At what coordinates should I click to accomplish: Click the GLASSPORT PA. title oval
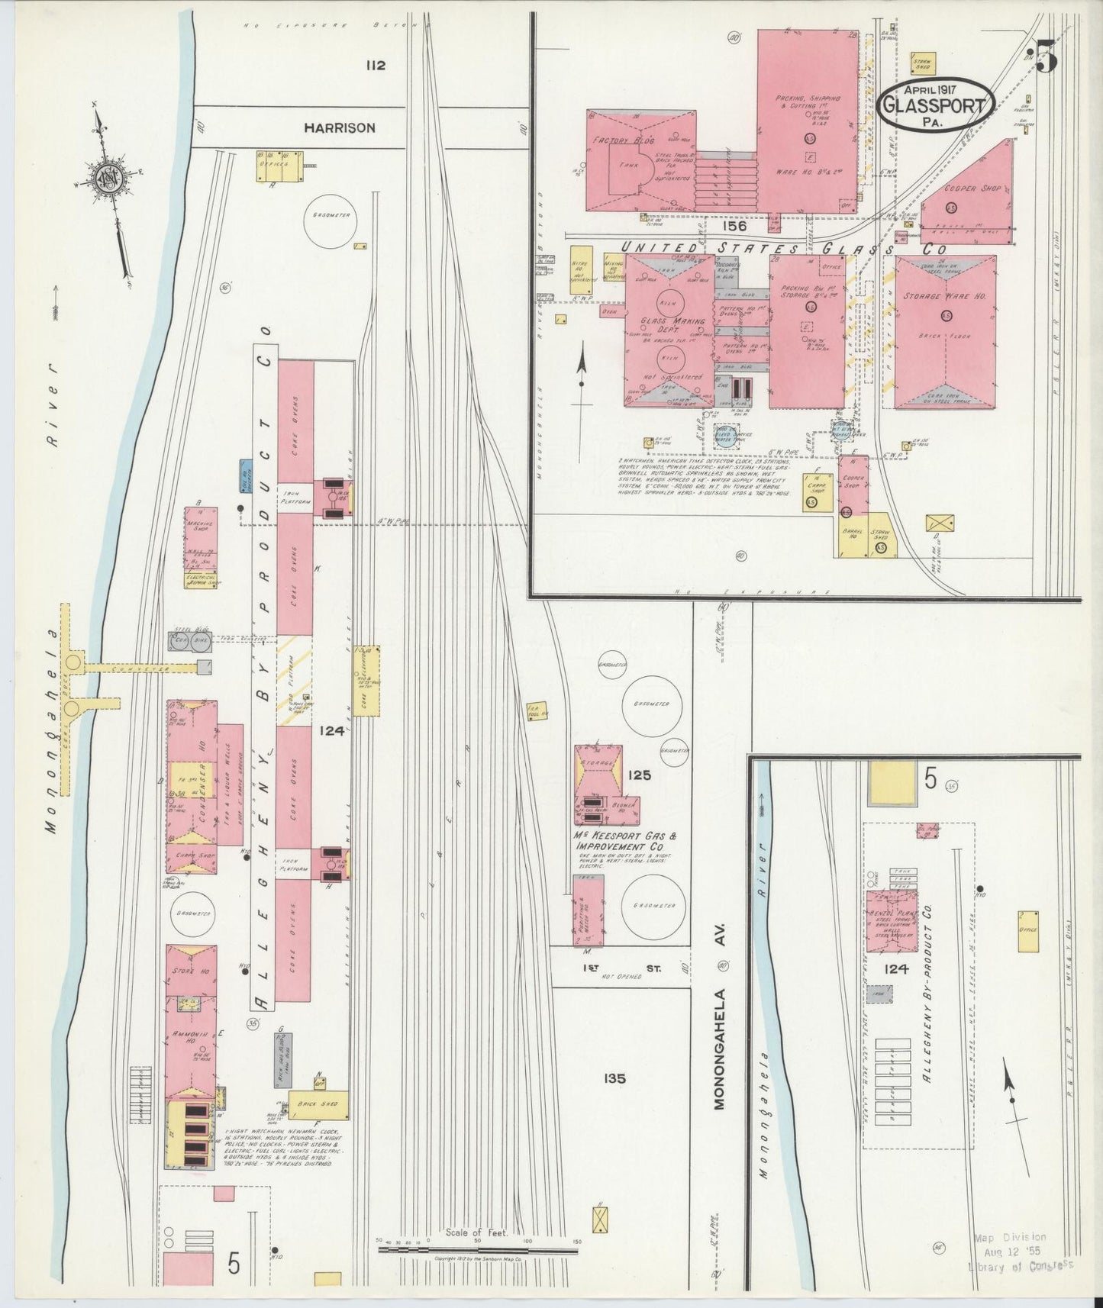tap(936, 107)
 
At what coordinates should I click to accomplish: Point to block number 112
tap(375, 66)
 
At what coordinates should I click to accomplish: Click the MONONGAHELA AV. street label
tap(718, 1037)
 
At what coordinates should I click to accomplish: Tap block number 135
tap(614, 1078)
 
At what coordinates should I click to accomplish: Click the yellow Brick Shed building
tap(319, 1105)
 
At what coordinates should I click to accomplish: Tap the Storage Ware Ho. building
tap(945, 332)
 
